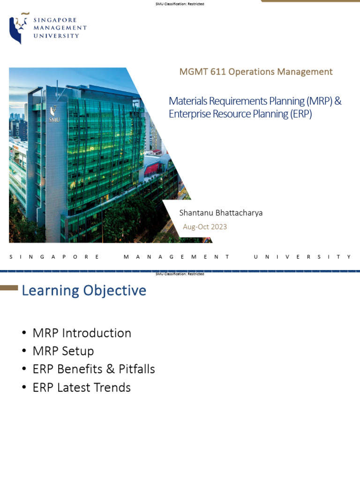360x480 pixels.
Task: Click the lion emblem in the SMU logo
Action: [17, 28]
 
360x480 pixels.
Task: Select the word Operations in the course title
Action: [248, 72]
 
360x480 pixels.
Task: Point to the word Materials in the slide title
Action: [187, 101]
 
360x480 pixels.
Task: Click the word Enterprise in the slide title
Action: [188, 114]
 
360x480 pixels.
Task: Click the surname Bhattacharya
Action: [240, 213]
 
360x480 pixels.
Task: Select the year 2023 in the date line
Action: [218, 227]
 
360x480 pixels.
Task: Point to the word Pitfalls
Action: [136, 369]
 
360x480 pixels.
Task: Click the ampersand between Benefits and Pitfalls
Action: [110, 369]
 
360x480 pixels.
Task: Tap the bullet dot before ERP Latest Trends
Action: [24, 388]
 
